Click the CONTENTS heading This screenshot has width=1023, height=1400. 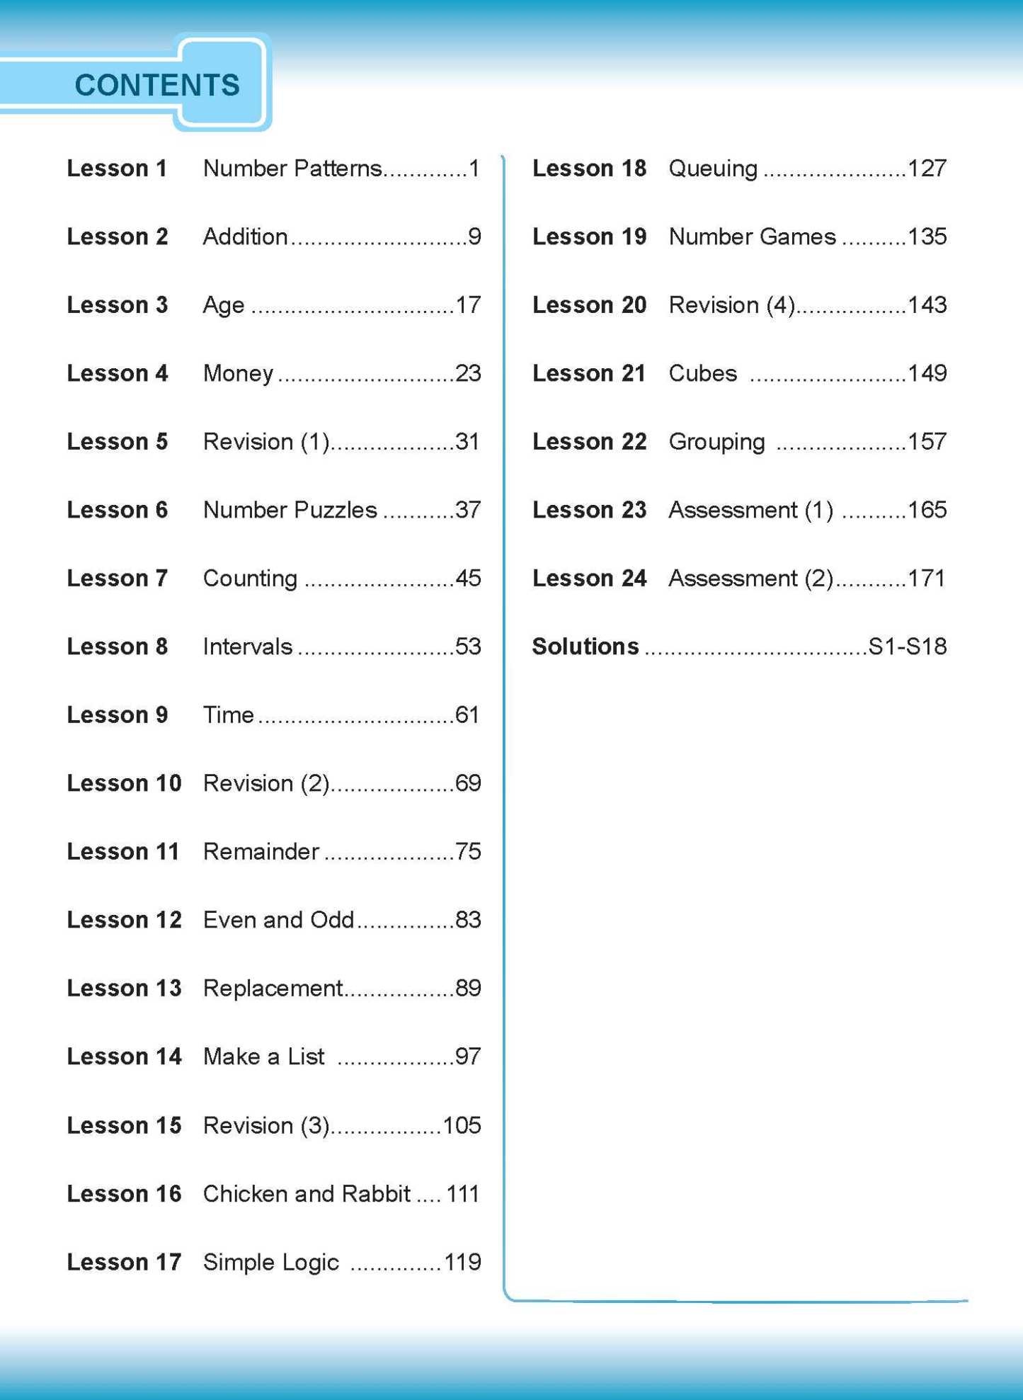pyautogui.click(x=157, y=85)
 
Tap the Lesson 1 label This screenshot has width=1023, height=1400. pyautogui.click(x=117, y=169)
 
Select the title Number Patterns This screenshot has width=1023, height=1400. pyautogui.click(x=292, y=169)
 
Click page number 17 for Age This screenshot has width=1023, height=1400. pyautogui.click(x=468, y=305)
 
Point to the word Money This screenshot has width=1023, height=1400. pyautogui.click(x=238, y=373)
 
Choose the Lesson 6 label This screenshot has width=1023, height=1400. pyautogui.click(x=117, y=510)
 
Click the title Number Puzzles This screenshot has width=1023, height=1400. pyautogui.click(x=290, y=510)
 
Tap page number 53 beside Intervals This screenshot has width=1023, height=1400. pyautogui.click(x=468, y=647)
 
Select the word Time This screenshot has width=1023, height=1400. pyautogui.click(x=228, y=715)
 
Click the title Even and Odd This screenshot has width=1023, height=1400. pyautogui.click(x=278, y=920)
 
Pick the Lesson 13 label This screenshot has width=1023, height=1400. pyautogui.click(x=124, y=988)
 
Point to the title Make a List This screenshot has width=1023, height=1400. pyautogui.click(x=263, y=1057)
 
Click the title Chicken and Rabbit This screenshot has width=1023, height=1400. pyautogui.click(x=307, y=1194)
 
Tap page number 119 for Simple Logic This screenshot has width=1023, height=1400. pyautogui.click(x=462, y=1262)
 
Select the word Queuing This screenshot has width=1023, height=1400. pyautogui.click(x=713, y=169)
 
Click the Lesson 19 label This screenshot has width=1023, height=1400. pyautogui.click(x=589, y=237)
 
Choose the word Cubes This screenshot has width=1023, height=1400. pyautogui.click(x=703, y=373)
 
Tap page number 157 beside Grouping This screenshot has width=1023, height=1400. pyautogui.click(x=927, y=442)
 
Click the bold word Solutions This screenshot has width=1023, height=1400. pyautogui.click(x=585, y=647)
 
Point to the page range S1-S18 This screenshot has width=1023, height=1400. pyautogui.click(x=907, y=647)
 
